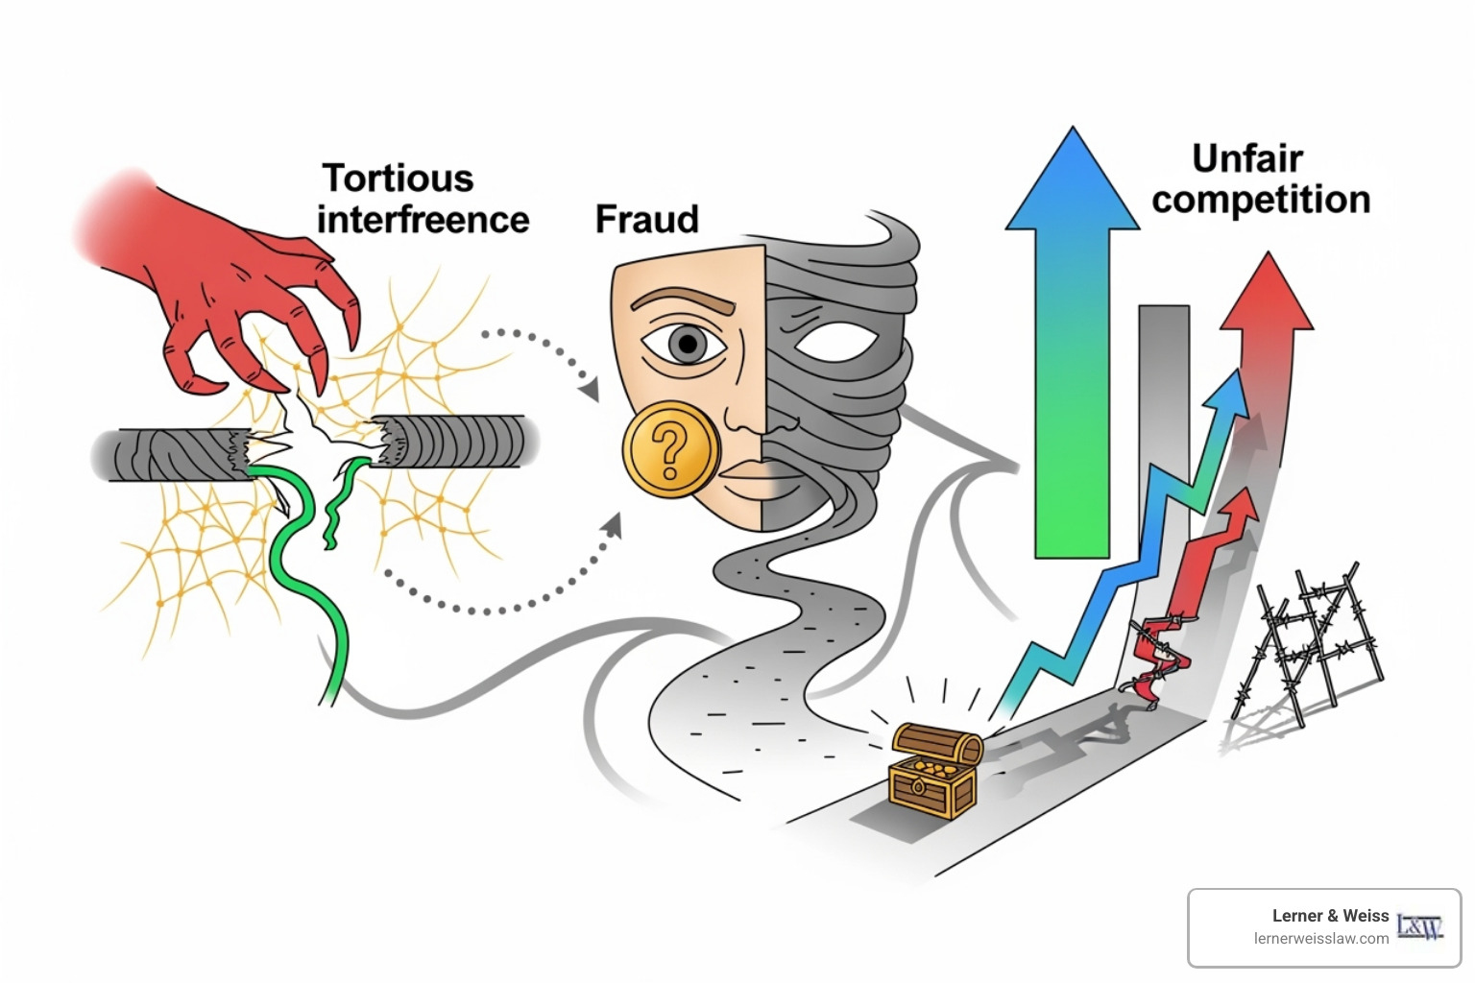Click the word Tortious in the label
[x=398, y=179]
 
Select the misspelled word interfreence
[x=423, y=220]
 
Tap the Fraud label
[x=646, y=219]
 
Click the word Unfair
[x=1246, y=158]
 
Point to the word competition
[x=1260, y=200]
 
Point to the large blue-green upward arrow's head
[x=1071, y=182]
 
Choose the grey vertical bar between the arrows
[x=1163, y=403]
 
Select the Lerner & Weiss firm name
[x=1330, y=916]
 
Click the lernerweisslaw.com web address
[x=1320, y=939]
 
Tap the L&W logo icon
[x=1419, y=926]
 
